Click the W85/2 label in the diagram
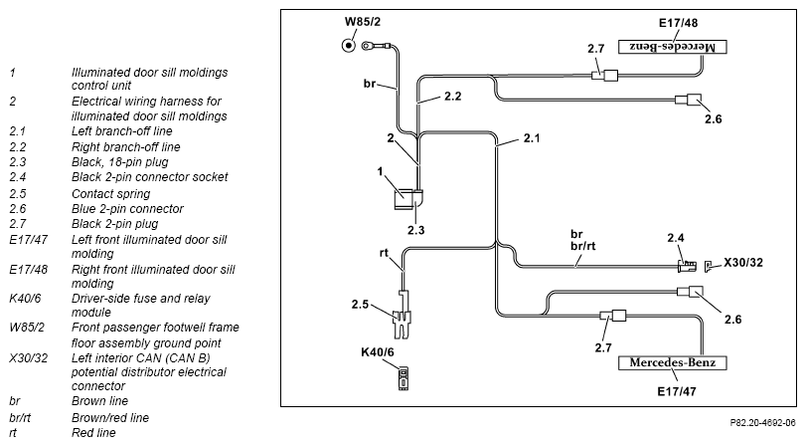363,22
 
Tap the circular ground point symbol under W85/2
349,46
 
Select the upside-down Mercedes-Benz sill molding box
673,47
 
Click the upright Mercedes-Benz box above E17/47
673,362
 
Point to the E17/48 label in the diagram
678,23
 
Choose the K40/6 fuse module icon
403,378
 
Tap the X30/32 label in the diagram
743,263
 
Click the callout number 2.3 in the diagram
415,230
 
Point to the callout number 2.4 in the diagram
676,238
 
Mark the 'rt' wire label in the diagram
384,253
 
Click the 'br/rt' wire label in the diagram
583,246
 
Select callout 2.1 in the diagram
532,138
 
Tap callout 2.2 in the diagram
453,97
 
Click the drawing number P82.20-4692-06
763,423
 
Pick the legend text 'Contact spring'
110,194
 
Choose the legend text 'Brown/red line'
110,418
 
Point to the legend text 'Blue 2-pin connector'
127,209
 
